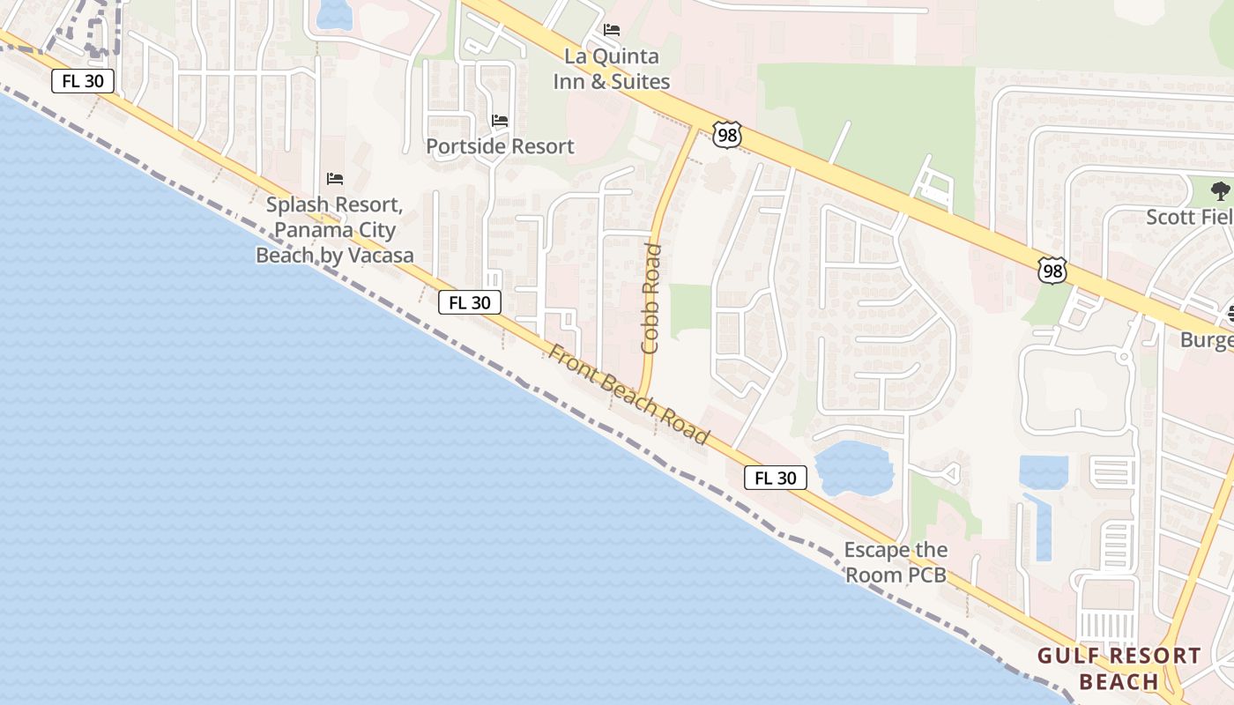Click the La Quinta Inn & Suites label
(x=611, y=69)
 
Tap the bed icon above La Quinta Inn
(x=612, y=30)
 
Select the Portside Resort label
(x=500, y=146)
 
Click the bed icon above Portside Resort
(x=500, y=120)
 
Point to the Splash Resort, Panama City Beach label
(x=334, y=230)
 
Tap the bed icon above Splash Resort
(x=335, y=179)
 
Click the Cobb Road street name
(x=651, y=299)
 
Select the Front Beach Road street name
(x=628, y=394)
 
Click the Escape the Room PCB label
(x=896, y=562)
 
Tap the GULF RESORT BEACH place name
(x=1119, y=668)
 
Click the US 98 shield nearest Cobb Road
(x=727, y=135)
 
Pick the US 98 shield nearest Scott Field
(x=1052, y=271)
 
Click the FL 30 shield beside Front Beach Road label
(x=470, y=302)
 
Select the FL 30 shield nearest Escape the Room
(x=776, y=478)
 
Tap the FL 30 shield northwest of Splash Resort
(x=83, y=82)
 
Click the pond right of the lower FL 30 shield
(x=854, y=468)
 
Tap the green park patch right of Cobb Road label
(x=690, y=311)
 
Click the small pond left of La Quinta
(x=333, y=12)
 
